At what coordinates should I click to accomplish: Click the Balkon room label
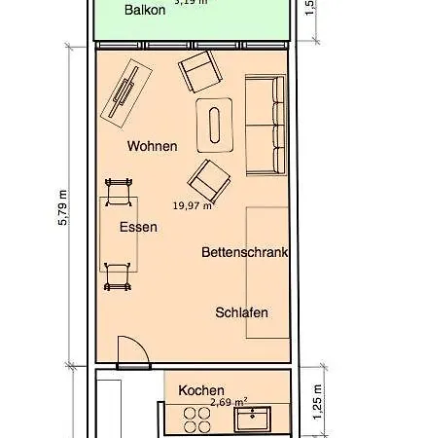(x=144, y=11)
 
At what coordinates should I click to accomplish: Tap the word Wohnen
(x=152, y=146)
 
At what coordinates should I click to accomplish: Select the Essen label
(x=138, y=227)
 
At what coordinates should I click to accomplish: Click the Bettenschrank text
(x=245, y=252)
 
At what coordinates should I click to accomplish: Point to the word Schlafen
(x=241, y=312)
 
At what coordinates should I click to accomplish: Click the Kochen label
(x=201, y=389)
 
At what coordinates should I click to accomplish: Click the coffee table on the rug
(x=215, y=124)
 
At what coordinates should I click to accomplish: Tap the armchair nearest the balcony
(x=200, y=72)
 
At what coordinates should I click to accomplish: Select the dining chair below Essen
(x=118, y=275)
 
